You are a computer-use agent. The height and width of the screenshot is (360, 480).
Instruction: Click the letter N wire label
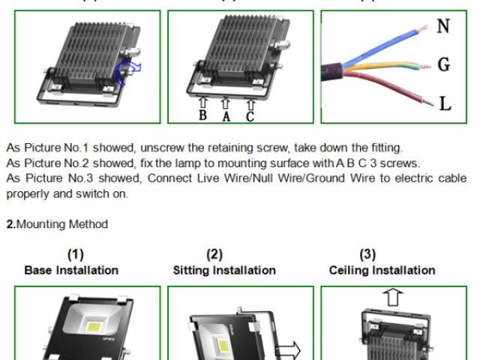(x=443, y=27)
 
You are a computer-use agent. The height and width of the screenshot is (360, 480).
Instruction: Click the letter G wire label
(x=443, y=64)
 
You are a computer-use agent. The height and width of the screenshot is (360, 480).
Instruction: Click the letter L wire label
(x=445, y=103)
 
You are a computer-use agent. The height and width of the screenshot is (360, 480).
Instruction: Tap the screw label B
(x=202, y=115)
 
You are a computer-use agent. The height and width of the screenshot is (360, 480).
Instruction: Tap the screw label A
(x=226, y=116)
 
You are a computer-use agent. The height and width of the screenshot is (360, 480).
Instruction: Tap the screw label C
(x=250, y=115)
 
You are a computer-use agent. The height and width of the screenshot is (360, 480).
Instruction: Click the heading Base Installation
(x=71, y=270)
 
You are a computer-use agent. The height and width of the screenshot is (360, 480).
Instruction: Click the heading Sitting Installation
(x=224, y=270)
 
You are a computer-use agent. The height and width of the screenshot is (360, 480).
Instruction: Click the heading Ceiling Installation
(x=382, y=270)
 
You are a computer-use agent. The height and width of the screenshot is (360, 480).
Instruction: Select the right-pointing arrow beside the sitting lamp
(x=288, y=349)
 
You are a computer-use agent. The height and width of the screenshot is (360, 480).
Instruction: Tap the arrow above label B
(x=202, y=101)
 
